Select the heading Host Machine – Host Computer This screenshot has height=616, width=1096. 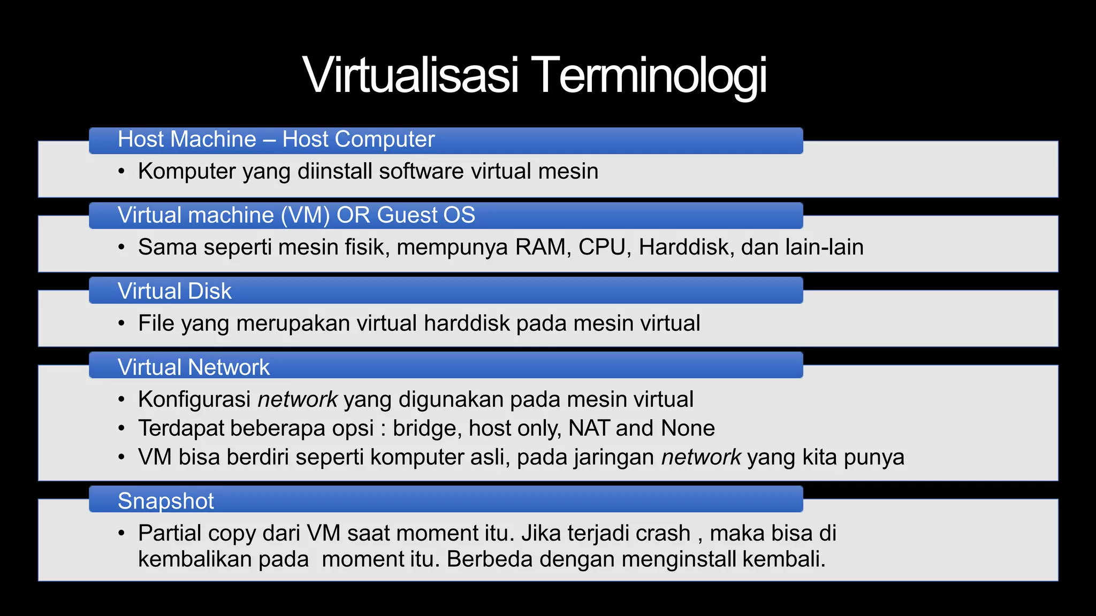pos(276,140)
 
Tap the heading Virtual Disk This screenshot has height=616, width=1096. pos(174,291)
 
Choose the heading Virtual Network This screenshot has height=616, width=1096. pos(194,367)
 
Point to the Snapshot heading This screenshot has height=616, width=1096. pos(165,501)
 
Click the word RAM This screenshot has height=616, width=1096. pos(540,248)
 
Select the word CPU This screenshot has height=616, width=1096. pos(600,248)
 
